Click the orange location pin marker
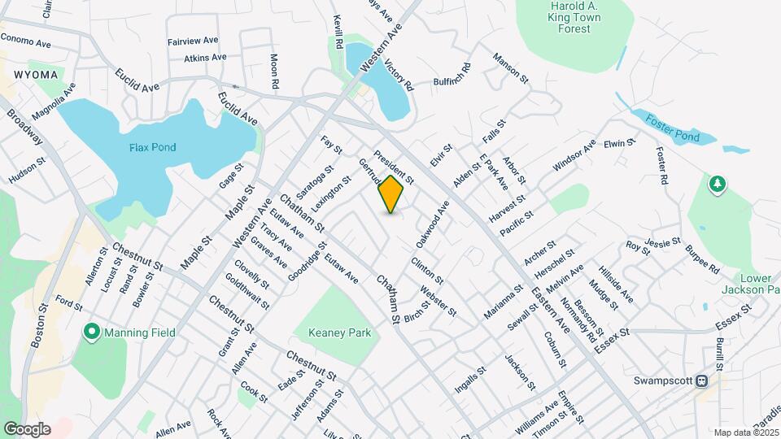(391, 194)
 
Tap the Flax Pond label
(152, 147)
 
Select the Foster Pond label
(673, 129)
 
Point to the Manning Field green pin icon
(92, 332)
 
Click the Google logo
(27, 428)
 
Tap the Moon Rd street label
(275, 72)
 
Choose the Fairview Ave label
(193, 40)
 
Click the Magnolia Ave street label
(54, 100)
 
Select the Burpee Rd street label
(702, 258)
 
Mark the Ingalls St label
(470, 379)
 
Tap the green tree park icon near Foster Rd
(717, 185)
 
